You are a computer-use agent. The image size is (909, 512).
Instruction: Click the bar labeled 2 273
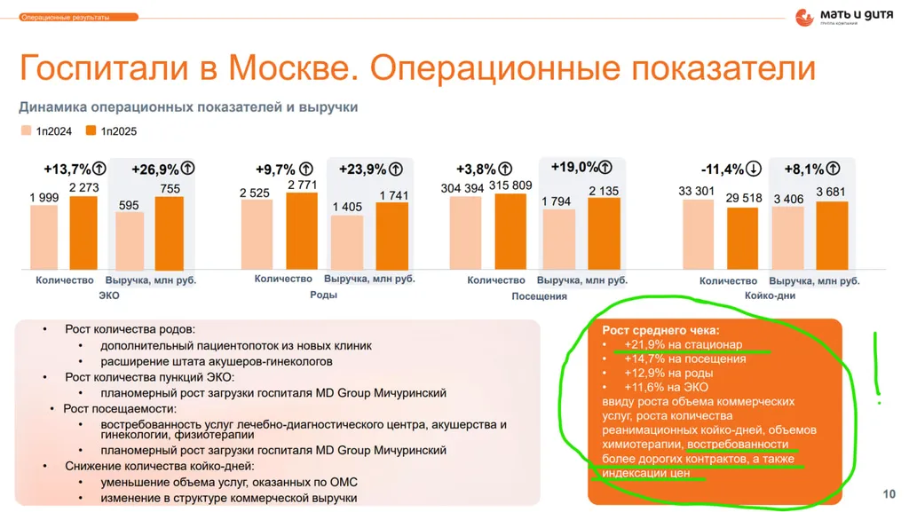pos(83,232)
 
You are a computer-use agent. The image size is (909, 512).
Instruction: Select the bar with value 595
pos(130,241)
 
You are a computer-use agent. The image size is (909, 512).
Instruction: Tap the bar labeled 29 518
pos(743,239)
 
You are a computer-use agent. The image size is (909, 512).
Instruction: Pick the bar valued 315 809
pos(510,232)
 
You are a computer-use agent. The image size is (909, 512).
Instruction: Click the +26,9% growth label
pos(154,169)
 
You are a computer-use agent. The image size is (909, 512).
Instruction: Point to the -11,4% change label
pos(722,169)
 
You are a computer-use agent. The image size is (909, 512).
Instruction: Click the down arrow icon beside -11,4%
pos(753,169)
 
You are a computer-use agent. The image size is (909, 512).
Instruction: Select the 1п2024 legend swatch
pos(26,130)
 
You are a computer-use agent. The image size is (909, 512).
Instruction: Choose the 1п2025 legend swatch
pos(91,130)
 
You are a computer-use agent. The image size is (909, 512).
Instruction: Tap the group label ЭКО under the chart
pos(109,295)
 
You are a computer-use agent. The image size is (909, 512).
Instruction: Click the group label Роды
pos(323,295)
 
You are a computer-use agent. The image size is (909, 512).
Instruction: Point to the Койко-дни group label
pos(770,295)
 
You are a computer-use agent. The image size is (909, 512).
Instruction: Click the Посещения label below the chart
pos(539,296)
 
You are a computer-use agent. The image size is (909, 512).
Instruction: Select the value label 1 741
pos(394,196)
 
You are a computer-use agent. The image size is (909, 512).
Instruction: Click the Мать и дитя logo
pos(843,17)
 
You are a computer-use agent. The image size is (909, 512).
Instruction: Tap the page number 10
pos(889,494)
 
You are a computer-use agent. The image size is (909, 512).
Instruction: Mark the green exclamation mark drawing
pos(877,367)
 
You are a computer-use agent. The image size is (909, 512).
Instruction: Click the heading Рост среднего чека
pos(660,330)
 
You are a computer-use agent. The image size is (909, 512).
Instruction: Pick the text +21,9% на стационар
pos(683,344)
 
